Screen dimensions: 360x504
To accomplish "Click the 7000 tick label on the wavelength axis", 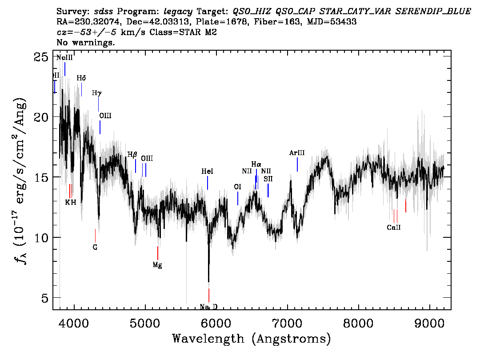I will [x=288, y=322].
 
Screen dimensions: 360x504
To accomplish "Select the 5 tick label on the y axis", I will [x=45, y=298].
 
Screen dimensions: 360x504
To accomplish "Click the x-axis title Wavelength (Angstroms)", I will [x=251, y=339].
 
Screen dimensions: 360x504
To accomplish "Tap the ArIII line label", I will [x=297, y=153].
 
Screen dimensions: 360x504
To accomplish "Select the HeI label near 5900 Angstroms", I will [x=207, y=171].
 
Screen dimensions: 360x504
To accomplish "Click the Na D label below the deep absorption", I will [x=208, y=307].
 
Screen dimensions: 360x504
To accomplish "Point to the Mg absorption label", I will [x=157, y=265].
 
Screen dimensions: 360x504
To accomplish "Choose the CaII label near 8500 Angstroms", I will [x=394, y=228].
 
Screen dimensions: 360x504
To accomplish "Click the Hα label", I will [x=256, y=164].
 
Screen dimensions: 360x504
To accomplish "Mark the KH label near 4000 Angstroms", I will [x=71, y=202].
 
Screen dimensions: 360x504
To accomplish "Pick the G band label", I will [x=95, y=247].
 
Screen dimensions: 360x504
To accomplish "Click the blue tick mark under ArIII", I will [x=297, y=164].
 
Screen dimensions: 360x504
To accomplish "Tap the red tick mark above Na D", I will [x=208, y=295].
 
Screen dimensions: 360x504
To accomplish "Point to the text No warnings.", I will [x=86, y=43].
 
